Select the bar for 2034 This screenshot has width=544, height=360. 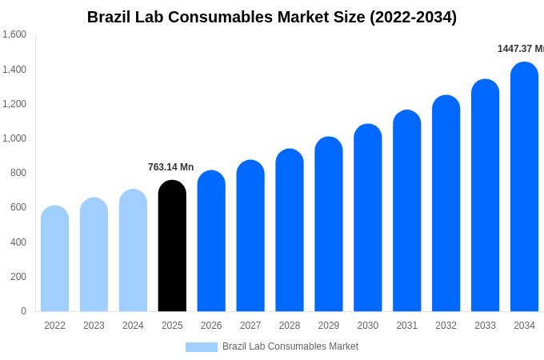point(524,187)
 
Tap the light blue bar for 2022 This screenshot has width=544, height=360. point(54,259)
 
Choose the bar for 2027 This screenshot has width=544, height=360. point(250,236)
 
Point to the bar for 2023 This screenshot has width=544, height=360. point(94,255)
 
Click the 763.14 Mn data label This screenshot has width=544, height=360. point(170,167)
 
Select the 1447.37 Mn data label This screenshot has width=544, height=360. point(520,49)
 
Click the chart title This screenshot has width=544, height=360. point(272,17)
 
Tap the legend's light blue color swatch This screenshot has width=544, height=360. point(201,347)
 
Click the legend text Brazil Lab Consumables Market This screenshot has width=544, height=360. point(290,346)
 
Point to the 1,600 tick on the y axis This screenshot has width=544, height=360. point(14,34)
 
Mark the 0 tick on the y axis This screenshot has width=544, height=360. point(23,311)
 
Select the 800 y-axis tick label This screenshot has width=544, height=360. point(18,173)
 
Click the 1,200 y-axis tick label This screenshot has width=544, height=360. point(14,104)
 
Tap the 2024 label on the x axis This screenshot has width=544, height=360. point(133,326)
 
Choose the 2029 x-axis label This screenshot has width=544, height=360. point(329,326)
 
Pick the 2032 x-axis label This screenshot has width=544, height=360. point(446,326)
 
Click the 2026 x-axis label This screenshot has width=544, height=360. point(211,326)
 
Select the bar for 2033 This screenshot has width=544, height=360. point(485,196)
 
